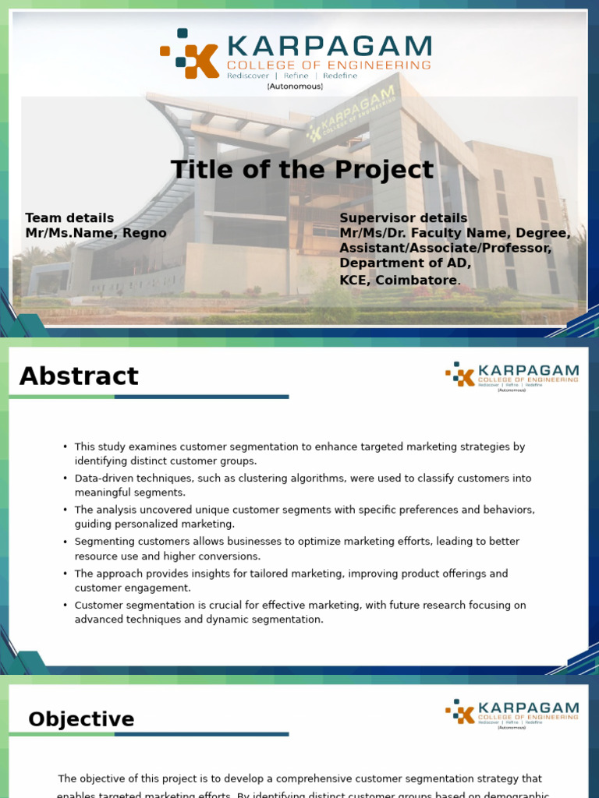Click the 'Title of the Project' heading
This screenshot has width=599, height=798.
pos(302,170)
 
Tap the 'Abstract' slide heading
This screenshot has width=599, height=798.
pos(79,376)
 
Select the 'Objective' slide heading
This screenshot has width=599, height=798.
pos(81,719)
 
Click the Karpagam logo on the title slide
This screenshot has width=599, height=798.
pos(296,55)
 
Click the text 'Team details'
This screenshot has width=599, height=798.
pos(69,218)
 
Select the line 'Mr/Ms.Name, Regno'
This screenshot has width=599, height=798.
pos(96,233)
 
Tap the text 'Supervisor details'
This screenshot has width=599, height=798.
pos(403,218)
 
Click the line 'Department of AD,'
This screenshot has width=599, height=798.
pos(405,263)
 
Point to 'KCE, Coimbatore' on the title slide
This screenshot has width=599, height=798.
pos(398,280)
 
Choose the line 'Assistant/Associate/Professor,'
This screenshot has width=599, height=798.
pos(445,248)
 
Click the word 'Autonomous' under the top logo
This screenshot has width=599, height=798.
pos(295,87)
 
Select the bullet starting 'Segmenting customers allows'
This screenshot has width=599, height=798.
pos(296,549)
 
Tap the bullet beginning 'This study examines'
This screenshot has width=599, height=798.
pos(299,454)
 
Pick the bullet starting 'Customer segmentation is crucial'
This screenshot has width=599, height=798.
pos(300,612)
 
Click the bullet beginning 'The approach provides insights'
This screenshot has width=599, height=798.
pos(291,581)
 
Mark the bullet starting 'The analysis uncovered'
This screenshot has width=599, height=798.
pos(304,517)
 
